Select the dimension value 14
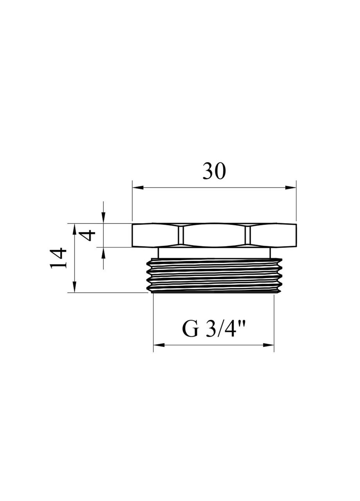tap(59, 258)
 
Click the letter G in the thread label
tap(191, 330)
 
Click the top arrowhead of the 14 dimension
tap(75, 227)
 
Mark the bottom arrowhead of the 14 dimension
tap(75, 288)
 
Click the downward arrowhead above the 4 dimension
tap(103, 220)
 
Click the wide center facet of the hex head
tap(214, 236)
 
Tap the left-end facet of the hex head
tap(155, 236)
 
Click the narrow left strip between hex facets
tap(181, 236)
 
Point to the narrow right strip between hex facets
tap(247, 236)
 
